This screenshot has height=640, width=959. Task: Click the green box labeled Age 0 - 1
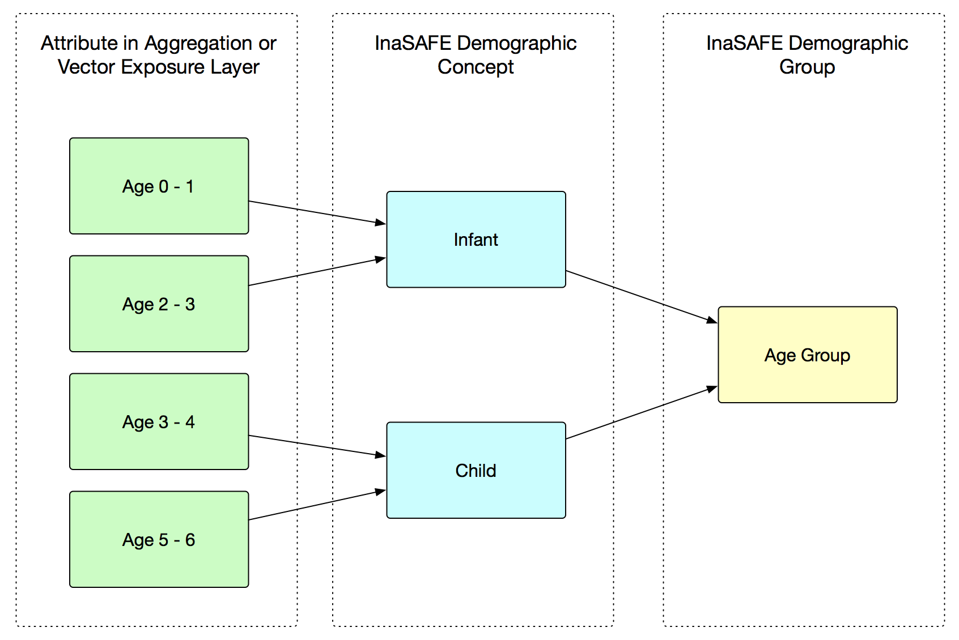click(x=159, y=186)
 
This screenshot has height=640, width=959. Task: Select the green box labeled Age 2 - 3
click(x=159, y=304)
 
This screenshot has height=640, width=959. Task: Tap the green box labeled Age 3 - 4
click(x=159, y=421)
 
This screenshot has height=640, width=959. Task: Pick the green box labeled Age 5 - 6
click(x=159, y=539)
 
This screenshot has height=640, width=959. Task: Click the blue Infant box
click(x=476, y=239)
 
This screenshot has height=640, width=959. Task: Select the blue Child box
click(x=476, y=470)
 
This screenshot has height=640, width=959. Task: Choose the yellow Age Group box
click(x=808, y=355)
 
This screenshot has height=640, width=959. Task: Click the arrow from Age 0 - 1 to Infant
click(x=317, y=212)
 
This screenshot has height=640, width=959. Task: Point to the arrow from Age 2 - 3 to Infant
click(x=317, y=271)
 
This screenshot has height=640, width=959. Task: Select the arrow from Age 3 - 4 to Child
click(x=317, y=446)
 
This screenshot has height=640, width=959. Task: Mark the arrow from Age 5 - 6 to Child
click(x=317, y=505)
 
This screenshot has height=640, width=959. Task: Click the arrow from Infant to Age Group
click(x=642, y=296)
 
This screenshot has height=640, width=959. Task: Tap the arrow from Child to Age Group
click(x=642, y=413)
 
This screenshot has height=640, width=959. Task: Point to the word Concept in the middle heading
click(x=476, y=67)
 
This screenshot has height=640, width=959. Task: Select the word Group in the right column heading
click(x=807, y=67)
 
